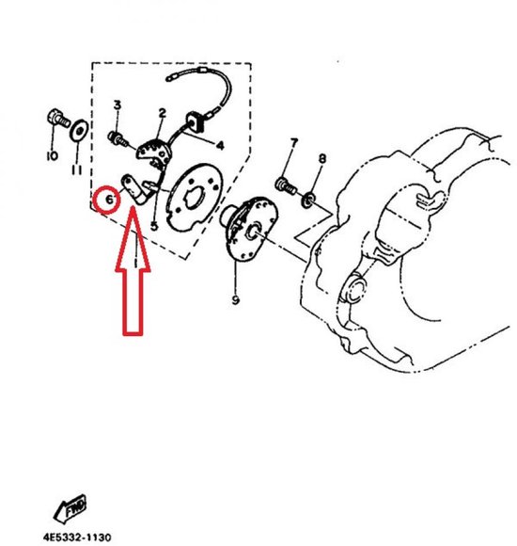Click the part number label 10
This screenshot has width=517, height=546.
52,155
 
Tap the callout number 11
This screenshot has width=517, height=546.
77,170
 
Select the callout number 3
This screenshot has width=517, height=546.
117,104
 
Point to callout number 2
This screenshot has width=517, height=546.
162,113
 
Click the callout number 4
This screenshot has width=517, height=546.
220,145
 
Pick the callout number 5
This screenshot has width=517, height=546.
154,226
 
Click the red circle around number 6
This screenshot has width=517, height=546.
108,200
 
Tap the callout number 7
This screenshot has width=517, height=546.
294,143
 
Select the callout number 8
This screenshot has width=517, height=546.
322,159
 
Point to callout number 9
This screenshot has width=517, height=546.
235,299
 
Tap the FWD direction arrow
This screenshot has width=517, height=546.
70,508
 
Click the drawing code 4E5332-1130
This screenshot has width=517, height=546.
77,537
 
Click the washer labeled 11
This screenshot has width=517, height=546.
79,130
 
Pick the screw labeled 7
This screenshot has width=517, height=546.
286,185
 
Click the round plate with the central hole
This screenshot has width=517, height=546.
195,197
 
